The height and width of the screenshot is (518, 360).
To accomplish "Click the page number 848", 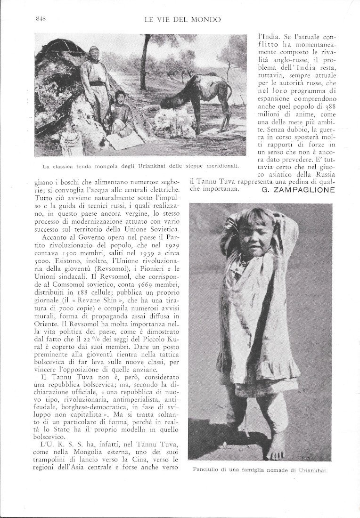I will tap(40, 19).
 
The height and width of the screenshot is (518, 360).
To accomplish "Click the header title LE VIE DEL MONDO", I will tap(184, 19).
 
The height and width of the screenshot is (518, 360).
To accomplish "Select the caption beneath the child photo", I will tap(260, 469).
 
